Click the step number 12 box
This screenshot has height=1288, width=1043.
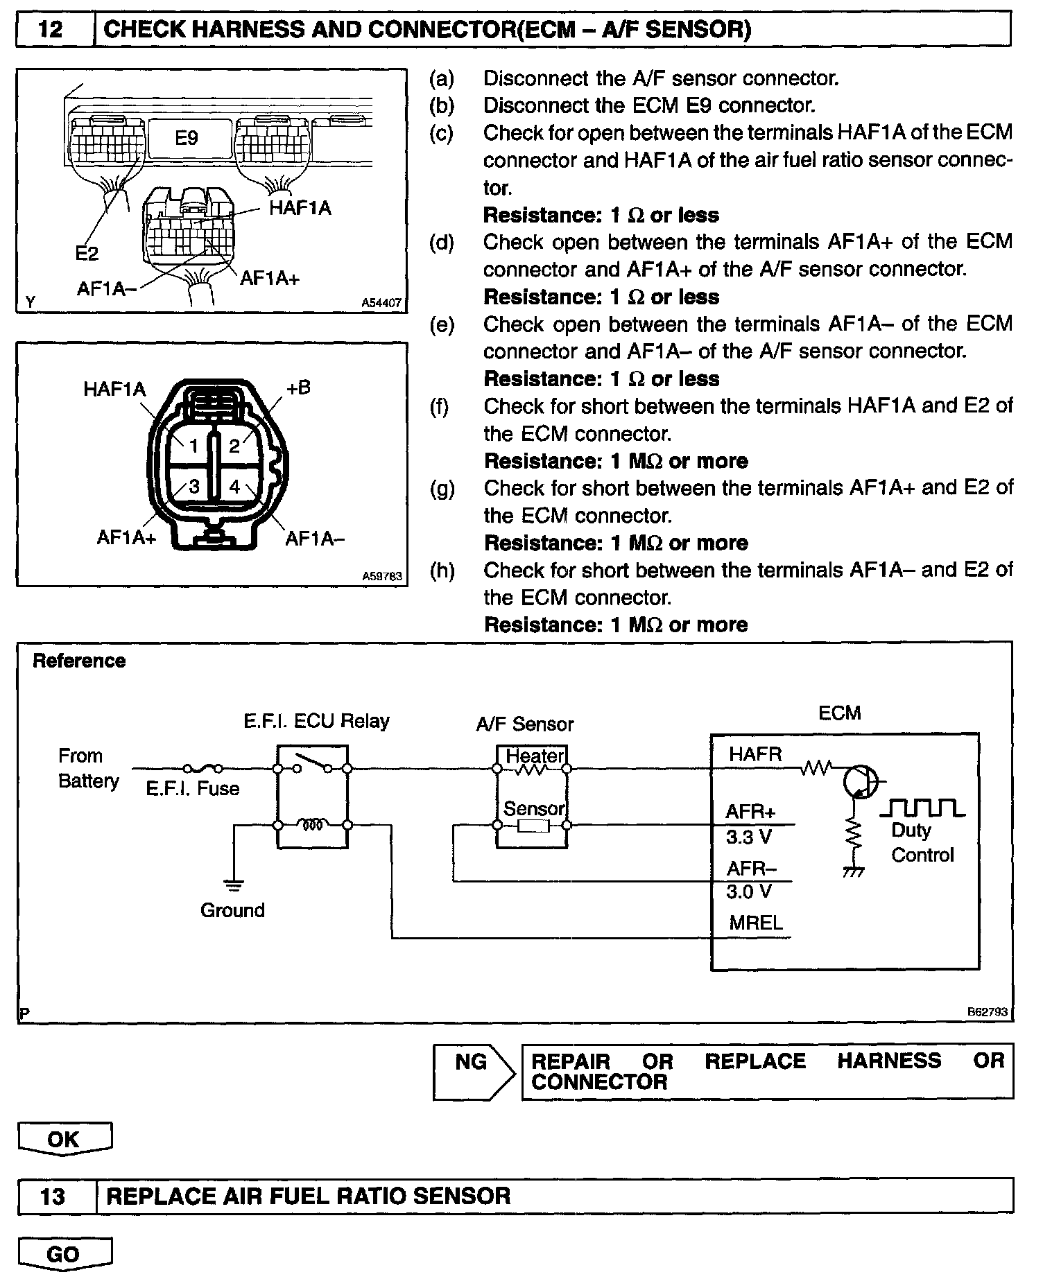point(53,30)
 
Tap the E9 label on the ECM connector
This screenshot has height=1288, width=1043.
point(186,138)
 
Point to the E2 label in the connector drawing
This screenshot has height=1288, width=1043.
point(87,254)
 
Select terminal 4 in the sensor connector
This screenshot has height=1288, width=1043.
point(234,487)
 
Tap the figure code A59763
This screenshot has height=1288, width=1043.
point(381,575)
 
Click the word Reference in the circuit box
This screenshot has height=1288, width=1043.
point(79,661)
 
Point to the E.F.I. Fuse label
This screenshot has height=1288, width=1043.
point(192,788)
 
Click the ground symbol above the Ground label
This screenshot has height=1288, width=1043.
point(233,884)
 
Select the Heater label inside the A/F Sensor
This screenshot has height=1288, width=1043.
point(535,755)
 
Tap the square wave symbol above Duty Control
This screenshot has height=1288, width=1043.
point(922,808)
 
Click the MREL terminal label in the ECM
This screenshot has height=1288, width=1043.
point(755,923)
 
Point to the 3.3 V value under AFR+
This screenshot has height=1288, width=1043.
point(748,837)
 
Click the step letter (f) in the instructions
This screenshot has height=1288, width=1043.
point(440,406)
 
